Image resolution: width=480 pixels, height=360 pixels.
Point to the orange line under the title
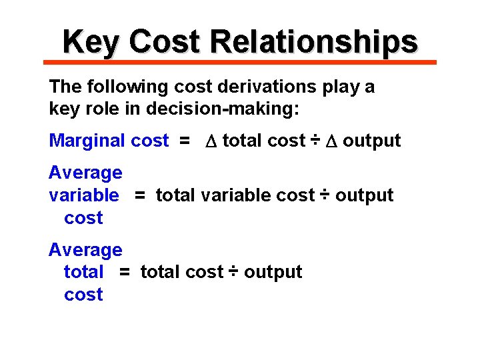[x=240, y=62]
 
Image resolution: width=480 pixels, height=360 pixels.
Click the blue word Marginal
[x=87, y=141]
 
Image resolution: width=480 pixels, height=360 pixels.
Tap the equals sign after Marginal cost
[x=184, y=141]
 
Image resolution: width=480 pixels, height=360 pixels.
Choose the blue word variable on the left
[x=83, y=195]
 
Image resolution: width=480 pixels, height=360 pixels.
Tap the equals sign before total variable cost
[x=139, y=195]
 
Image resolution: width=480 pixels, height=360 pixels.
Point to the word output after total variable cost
[x=364, y=195]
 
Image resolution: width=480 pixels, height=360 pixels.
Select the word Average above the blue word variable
[x=85, y=173]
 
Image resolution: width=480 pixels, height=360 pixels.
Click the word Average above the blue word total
[x=85, y=250]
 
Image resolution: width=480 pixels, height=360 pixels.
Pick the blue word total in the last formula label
[x=83, y=272]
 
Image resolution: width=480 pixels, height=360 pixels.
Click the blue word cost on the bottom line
[x=83, y=295]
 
